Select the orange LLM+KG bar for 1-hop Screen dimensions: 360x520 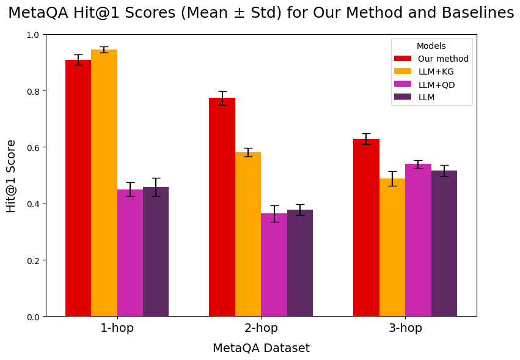(x=104, y=183)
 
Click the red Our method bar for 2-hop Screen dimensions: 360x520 (x=222, y=207)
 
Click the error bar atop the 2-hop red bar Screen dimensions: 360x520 (x=222, y=98)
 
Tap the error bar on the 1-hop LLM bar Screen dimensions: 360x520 (x=156, y=187)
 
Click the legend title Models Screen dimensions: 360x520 (x=431, y=46)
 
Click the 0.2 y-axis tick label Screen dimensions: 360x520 (x=34, y=260)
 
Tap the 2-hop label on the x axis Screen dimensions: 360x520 (x=261, y=328)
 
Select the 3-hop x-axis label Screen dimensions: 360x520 (x=405, y=328)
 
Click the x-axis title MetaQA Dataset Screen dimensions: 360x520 (x=261, y=348)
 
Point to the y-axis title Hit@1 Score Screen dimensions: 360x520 (x=12, y=176)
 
